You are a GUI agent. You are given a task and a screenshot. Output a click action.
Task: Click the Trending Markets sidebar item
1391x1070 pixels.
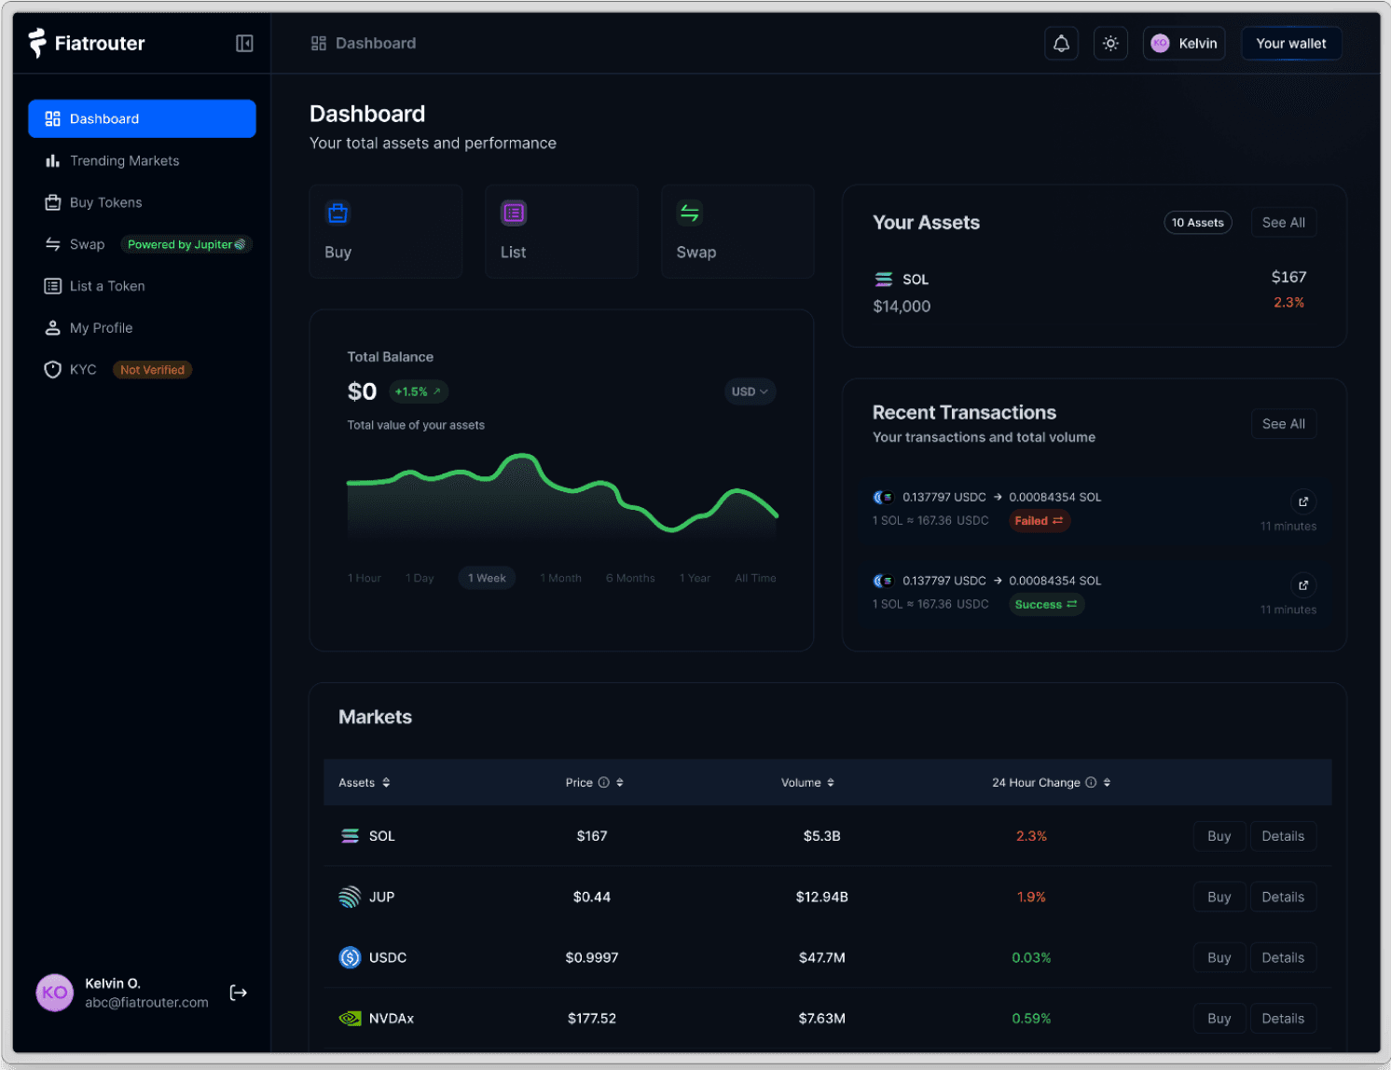pos(124,161)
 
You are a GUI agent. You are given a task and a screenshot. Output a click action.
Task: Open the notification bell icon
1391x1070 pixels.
pos(1061,44)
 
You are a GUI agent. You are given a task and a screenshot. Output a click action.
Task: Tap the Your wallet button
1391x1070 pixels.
pos(1290,44)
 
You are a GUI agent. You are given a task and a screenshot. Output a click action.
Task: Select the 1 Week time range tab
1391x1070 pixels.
pos(487,578)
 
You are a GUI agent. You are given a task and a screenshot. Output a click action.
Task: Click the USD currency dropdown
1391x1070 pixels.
pos(750,391)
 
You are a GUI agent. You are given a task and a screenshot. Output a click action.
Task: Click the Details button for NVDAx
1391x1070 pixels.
pos(1282,1019)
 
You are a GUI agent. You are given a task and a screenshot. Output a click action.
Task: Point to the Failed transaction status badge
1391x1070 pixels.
pos(1039,521)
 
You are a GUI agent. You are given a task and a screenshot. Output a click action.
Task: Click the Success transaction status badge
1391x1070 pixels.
pos(1045,605)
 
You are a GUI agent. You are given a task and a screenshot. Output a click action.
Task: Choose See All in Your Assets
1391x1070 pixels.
pos(1283,223)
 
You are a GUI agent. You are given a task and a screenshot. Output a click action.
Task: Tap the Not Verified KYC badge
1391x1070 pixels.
pos(152,370)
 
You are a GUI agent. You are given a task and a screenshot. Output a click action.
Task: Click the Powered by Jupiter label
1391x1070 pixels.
pos(186,245)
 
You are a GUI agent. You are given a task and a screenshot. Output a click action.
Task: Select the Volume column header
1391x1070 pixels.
pos(806,783)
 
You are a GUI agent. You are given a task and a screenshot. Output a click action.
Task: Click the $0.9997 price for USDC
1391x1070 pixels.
pos(591,958)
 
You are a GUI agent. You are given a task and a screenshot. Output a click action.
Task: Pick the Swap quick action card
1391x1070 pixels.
pos(737,231)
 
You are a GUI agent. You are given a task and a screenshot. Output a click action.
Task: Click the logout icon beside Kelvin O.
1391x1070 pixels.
pos(239,993)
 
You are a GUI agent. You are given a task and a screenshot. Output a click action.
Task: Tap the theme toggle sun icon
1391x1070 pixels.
pos(1109,44)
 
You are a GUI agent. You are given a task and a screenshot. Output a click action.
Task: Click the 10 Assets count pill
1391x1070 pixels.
pos(1197,223)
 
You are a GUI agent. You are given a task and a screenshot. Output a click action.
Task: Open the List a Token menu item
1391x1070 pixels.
pos(107,286)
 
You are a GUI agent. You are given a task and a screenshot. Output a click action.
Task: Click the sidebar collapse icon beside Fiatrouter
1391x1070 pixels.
pos(244,44)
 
